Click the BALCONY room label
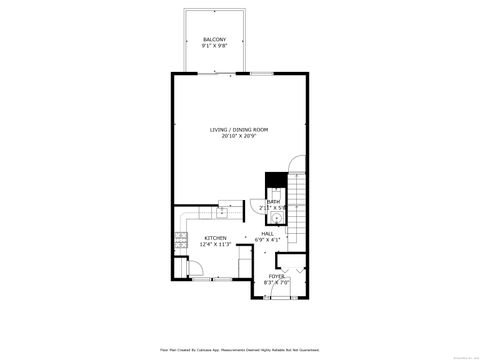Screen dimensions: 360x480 tap(214, 39)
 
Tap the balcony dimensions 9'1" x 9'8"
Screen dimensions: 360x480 tap(214, 46)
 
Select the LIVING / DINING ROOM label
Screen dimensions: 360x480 tap(238, 130)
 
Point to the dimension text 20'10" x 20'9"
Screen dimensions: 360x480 tap(238, 137)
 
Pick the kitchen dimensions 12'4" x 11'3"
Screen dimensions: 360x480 tap(215, 244)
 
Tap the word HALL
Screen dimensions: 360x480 tap(268, 233)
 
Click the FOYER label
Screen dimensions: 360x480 tap(275, 275)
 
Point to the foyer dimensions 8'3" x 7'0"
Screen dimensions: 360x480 tap(276, 282)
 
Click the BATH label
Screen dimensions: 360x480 tap(273, 201)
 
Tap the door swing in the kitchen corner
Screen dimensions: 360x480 tap(181, 269)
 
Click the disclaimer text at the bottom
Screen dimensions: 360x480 tap(239, 349)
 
